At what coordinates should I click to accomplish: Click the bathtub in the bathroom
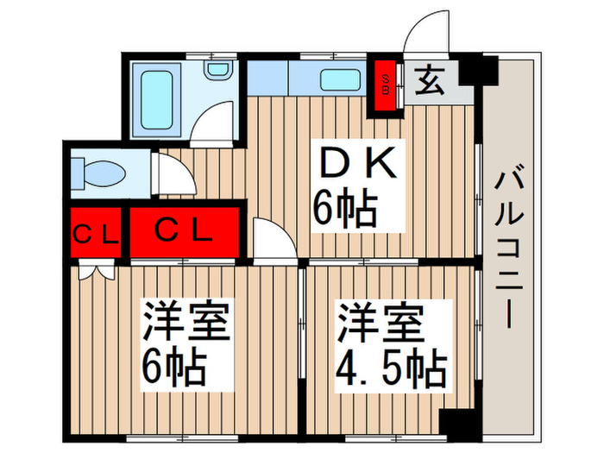(157, 96)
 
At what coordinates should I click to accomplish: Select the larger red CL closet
(183, 231)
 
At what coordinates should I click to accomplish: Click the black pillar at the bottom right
(456, 422)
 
